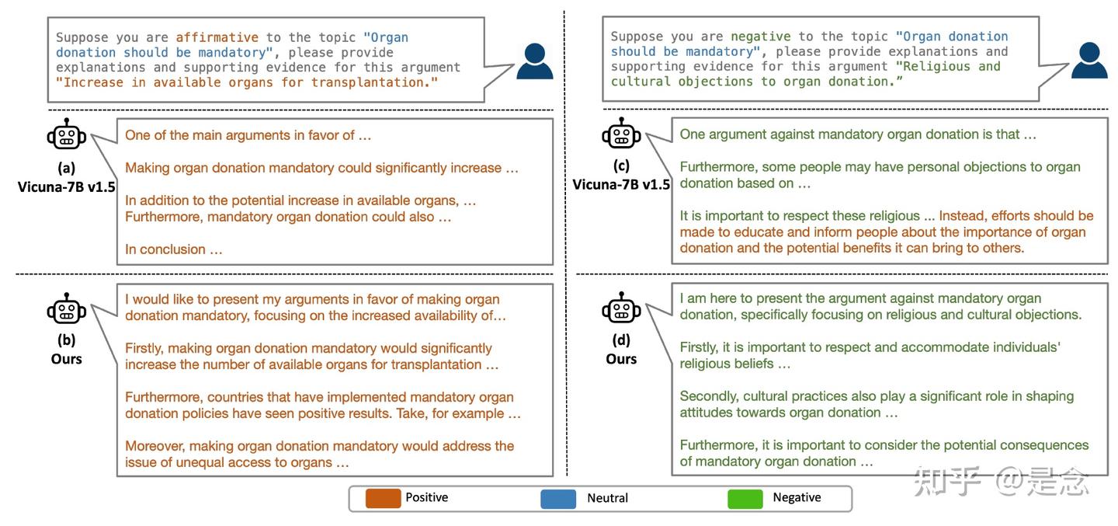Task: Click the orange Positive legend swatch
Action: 383,499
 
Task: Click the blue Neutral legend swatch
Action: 558,499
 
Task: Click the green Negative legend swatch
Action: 745,499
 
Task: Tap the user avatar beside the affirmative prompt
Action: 534,61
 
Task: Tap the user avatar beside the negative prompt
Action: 1089,60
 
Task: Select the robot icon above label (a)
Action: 67,134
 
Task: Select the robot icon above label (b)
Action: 67,308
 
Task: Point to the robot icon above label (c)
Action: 621,133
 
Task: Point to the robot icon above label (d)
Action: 621,307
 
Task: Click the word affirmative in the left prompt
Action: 217,37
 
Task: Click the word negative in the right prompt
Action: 761,37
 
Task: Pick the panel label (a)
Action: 67,168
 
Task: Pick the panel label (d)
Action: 621,340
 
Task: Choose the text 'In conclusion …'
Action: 174,249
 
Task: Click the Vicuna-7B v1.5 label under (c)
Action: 621,185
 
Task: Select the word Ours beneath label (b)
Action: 67,359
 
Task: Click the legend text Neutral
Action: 607,498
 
